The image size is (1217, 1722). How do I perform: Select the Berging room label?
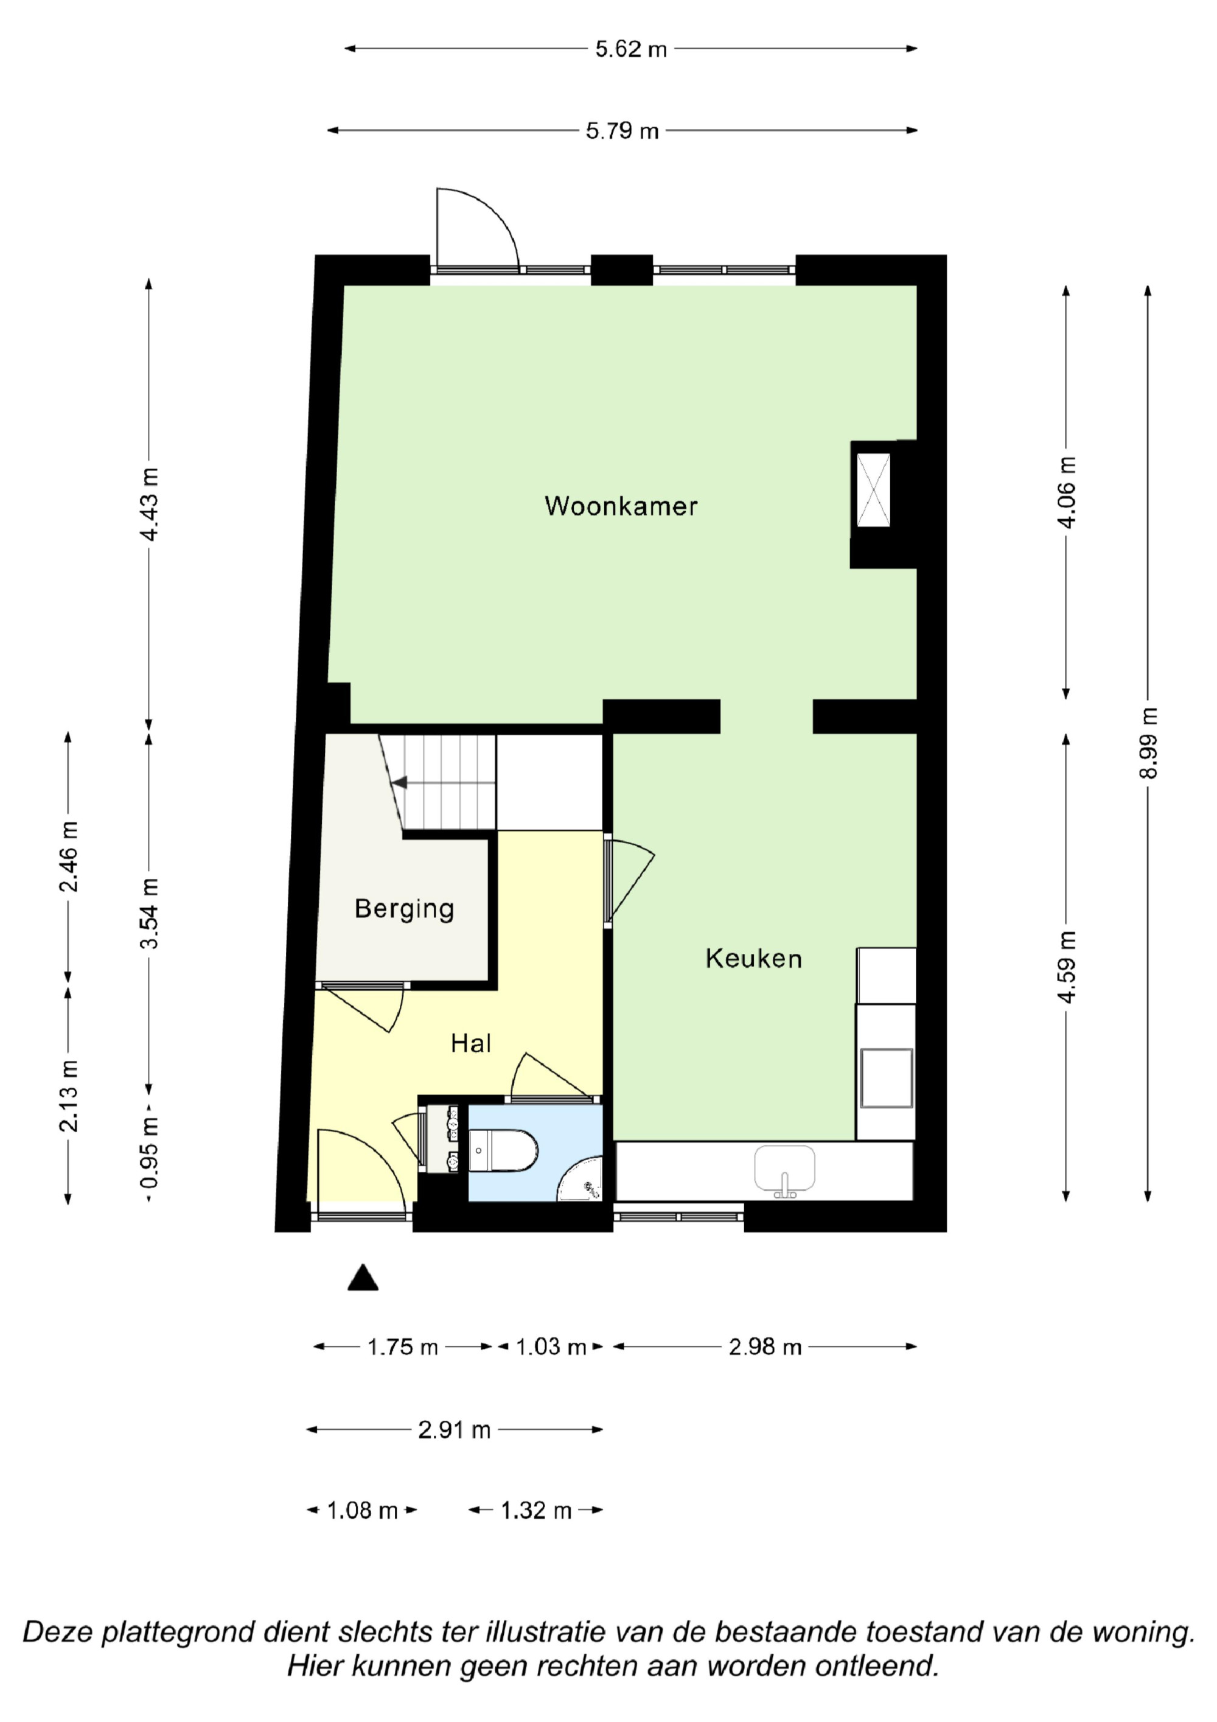pos(404,909)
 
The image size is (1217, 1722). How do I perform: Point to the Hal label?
pos(471,1043)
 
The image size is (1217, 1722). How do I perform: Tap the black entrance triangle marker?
pos(363,1277)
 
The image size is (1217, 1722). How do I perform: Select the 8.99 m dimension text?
pos(1148,743)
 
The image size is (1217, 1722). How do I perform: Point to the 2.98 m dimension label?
pos(765,1347)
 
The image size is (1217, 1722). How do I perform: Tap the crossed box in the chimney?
pos(874,490)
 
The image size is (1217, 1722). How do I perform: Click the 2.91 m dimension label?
pos(455,1430)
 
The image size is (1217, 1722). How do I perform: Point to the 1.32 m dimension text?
pos(536,1511)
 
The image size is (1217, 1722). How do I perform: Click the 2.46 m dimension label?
pos(69,856)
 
